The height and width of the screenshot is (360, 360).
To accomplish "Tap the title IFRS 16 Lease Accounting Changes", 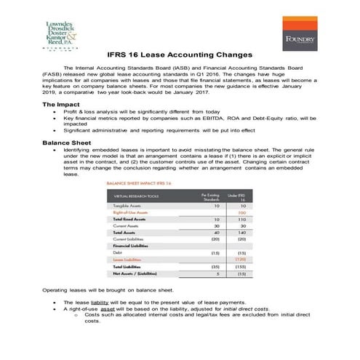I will (180, 55).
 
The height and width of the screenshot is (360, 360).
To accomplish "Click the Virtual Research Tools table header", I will (136, 197).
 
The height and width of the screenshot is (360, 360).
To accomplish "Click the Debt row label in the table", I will (116, 252).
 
